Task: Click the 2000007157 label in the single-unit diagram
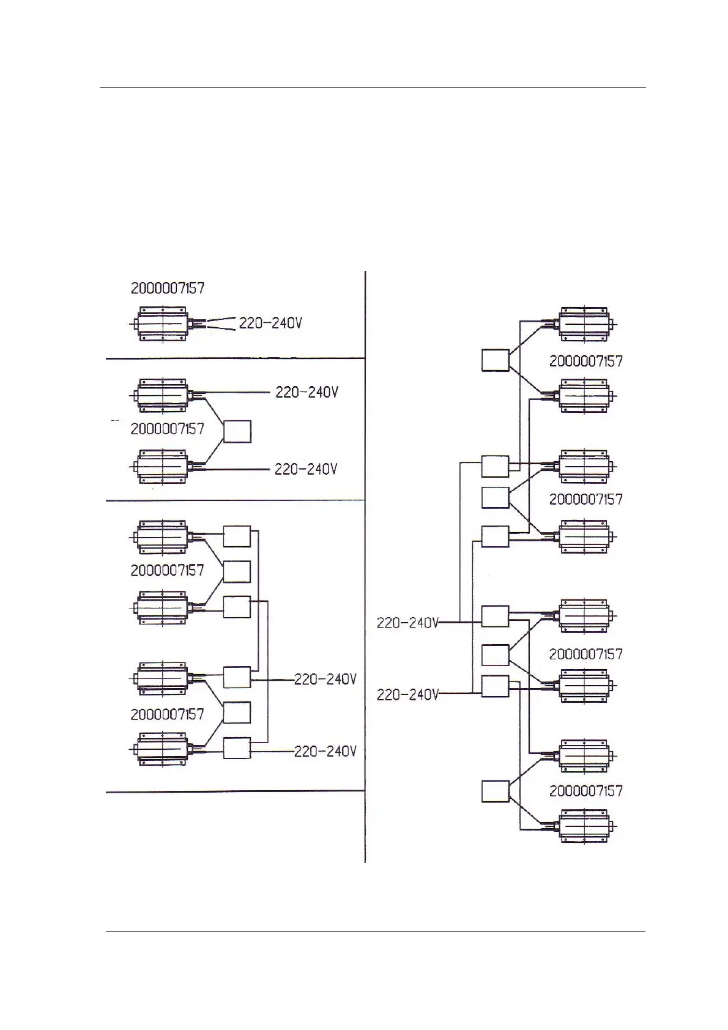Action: [167, 288]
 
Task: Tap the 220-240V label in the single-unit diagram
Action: [270, 323]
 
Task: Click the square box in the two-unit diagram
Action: [237, 431]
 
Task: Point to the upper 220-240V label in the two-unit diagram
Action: [306, 392]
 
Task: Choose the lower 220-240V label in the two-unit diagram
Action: [306, 469]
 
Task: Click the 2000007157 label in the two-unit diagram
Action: [167, 429]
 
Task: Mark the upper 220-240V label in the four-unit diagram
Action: [325, 680]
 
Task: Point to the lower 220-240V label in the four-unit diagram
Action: [325, 751]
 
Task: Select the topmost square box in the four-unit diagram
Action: [237, 536]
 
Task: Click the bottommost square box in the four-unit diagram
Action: [237, 748]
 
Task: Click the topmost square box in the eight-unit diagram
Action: [495, 360]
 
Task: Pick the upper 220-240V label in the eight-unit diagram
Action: [407, 623]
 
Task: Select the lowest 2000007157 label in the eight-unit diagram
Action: [585, 791]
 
